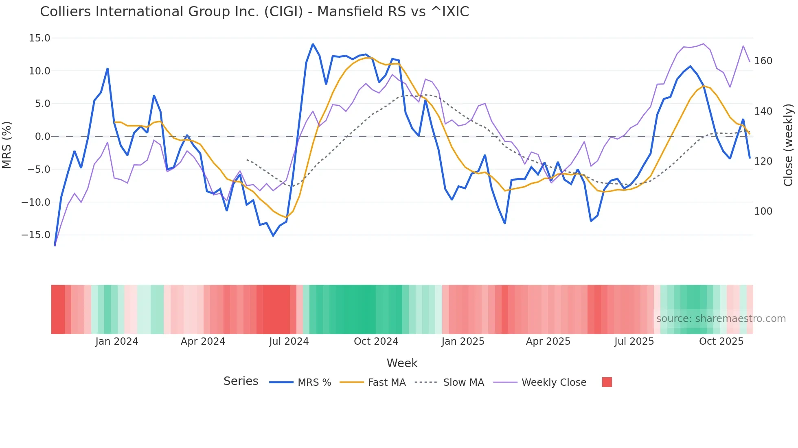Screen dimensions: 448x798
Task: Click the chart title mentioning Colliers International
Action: coord(254,12)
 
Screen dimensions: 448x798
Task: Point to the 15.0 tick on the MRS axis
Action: coord(39,38)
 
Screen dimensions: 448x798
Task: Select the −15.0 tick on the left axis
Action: coord(36,235)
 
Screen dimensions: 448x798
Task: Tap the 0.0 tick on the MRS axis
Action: coord(42,137)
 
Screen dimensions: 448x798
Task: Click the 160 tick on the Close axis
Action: coord(763,61)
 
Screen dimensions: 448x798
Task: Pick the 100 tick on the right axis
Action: coord(763,211)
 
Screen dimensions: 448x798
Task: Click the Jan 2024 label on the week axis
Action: coord(117,341)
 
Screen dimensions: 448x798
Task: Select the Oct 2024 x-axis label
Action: coord(376,341)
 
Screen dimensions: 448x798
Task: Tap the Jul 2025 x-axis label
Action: coord(634,341)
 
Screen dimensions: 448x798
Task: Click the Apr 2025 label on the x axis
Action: coord(548,341)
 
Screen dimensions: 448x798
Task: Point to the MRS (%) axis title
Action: coord(7,145)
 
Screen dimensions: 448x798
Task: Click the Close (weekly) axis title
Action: coord(788,145)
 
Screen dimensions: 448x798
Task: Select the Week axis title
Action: coord(402,363)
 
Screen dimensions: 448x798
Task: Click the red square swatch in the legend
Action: coord(607,382)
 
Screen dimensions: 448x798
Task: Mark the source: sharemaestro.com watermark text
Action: coord(721,319)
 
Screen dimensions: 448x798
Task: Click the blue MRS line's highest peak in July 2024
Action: coord(313,44)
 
